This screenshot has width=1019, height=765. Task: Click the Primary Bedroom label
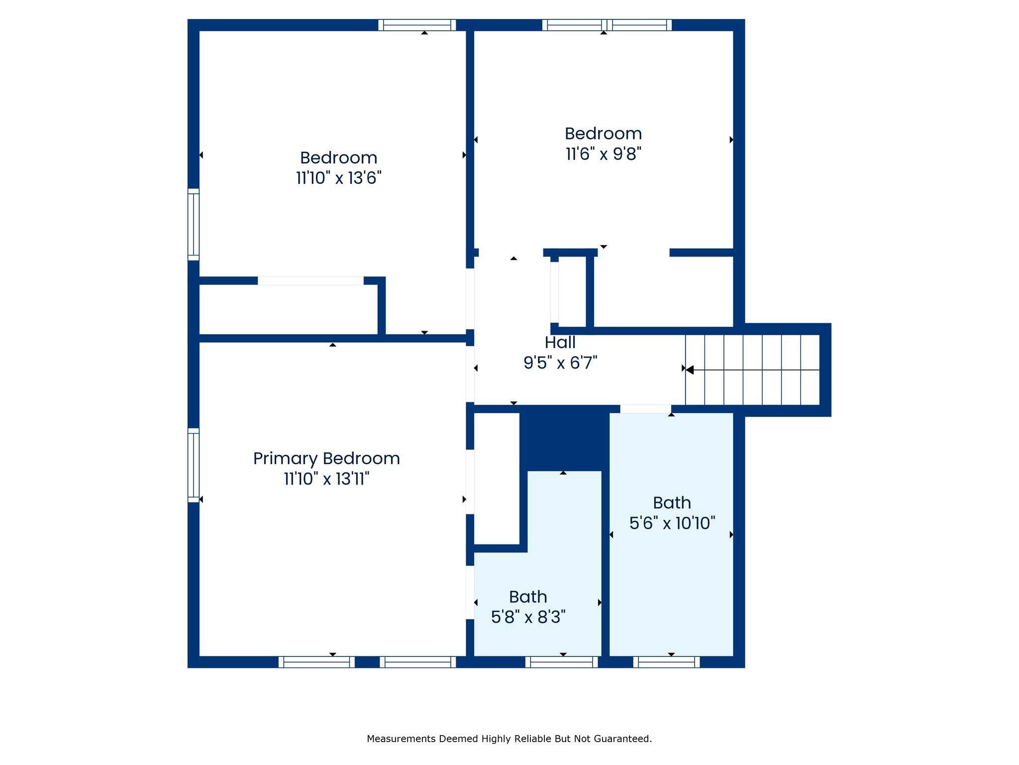click(x=326, y=459)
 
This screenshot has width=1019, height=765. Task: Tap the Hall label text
click(x=560, y=342)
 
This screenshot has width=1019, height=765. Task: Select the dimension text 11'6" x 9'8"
click(x=604, y=153)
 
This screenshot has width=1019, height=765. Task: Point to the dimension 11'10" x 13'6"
click(x=339, y=178)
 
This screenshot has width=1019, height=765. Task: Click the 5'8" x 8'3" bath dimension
click(x=528, y=617)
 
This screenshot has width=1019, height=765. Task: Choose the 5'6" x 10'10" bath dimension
click(x=672, y=523)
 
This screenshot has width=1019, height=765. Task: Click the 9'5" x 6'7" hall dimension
click(x=560, y=363)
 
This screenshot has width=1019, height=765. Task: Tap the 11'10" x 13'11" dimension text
click(x=326, y=479)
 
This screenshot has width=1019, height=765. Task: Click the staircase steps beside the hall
click(x=752, y=370)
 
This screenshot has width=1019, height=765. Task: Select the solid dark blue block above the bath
click(x=565, y=437)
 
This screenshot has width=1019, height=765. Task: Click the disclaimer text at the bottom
click(x=509, y=739)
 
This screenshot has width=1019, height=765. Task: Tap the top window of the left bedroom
click(x=417, y=25)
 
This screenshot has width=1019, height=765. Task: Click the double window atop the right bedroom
click(x=607, y=25)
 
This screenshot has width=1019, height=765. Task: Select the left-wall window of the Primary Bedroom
click(x=194, y=465)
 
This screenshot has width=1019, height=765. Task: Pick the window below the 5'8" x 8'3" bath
click(x=562, y=662)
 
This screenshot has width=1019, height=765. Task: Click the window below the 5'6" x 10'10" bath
click(x=667, y=662)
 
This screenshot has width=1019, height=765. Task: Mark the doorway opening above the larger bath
click(x=645, y=409)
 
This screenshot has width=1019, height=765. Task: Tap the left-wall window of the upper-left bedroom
click(x=194, y=225)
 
